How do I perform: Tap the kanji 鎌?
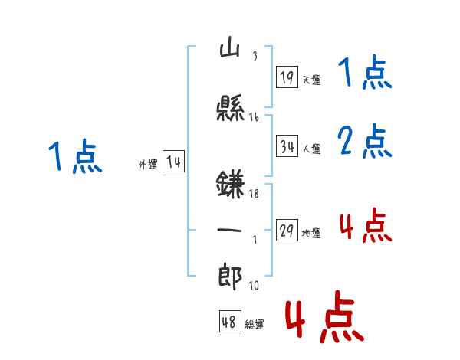[231, 186]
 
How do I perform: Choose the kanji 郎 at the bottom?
[231, 276]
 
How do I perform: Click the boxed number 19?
[287, 77]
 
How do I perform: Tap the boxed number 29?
[287, 231]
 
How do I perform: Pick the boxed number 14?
[173, 162]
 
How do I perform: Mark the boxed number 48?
[229, 322]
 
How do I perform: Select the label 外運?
[148, 165]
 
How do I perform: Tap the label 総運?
[255, 325]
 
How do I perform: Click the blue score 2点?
[365, 142]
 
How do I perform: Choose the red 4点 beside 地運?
[366, 226]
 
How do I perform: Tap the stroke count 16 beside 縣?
[255, 117]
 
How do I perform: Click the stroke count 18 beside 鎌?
[255, 195]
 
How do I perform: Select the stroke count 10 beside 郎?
[254, 286]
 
